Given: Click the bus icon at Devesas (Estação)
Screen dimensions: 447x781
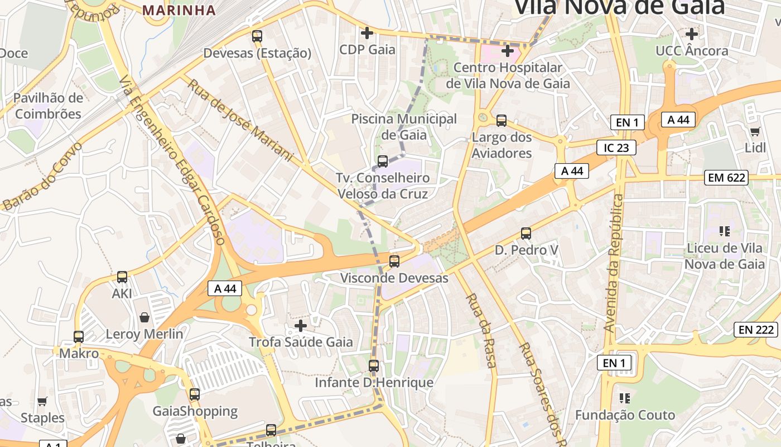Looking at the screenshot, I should [x=257, y=36].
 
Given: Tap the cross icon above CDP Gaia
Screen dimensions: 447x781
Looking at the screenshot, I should [x=367, y=33].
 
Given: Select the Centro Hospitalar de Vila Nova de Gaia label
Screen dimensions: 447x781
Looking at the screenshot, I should [x=508, y=75].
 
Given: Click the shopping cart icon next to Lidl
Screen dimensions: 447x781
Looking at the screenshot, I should [x=755, y=132].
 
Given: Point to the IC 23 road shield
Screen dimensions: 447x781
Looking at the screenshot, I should [x=616, y=148].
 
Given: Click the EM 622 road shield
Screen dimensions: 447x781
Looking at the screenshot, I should [x=726, y=178].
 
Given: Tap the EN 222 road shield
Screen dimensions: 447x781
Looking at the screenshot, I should [x=756, y=330].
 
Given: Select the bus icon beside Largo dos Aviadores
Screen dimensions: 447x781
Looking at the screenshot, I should [x=502, y=120].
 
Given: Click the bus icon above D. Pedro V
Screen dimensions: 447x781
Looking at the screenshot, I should [x=526, y=233].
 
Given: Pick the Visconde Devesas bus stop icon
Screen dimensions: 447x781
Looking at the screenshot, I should [x=394, y=261].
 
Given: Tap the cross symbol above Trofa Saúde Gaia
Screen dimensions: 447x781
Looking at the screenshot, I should [x=301, y=325].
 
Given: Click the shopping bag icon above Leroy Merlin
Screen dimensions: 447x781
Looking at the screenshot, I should [x=144, y=317].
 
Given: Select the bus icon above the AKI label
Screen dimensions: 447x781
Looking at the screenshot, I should [x=122, y=277].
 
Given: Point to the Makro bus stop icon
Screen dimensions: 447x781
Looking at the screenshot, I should [x=79, y=336].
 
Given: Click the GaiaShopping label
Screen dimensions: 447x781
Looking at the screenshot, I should [x=195, y=411].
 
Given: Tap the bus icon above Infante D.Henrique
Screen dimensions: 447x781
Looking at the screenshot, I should [x=374, y=366].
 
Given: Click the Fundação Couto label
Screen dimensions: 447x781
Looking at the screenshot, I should [x=625, y=415].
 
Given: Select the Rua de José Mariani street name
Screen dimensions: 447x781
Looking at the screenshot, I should [x=240, y=121].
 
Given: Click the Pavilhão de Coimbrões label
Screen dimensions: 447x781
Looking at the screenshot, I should [x=48, y=106].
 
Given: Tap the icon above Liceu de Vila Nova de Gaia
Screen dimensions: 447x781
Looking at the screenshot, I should [x=725, y=231].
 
